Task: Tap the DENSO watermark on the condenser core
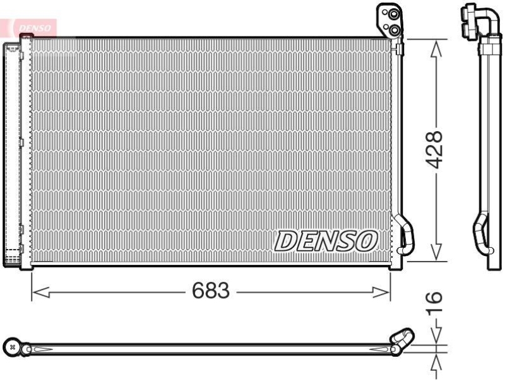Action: pos(326,240)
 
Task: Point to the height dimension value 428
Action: pos(434,149)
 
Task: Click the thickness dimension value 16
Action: pos(435,305)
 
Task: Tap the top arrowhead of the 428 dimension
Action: pos(434,46)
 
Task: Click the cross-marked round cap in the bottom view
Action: pos(12,347)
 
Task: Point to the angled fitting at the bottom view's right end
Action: pos(401,339)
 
